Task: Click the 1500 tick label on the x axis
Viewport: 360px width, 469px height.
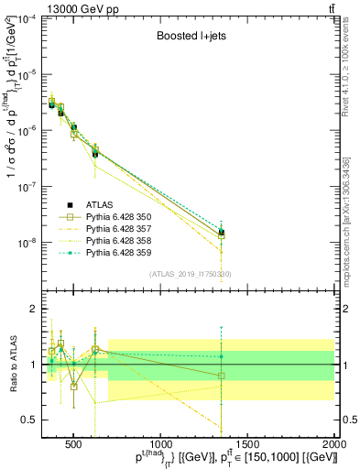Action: coord(247,446)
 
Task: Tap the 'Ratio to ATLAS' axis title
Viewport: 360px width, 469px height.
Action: coord(13,365)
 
